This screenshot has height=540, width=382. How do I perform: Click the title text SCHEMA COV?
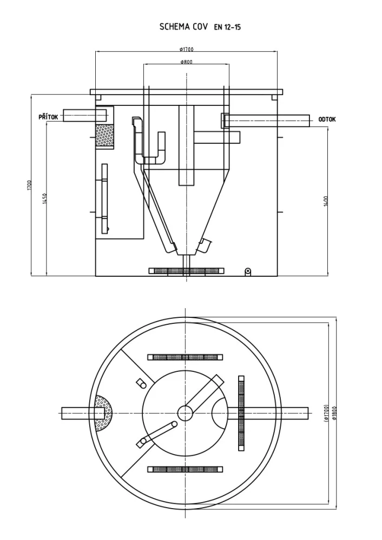pos(183,27)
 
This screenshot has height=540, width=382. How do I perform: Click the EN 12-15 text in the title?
pos(227,28)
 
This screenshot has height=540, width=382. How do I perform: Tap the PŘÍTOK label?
pos(48,117)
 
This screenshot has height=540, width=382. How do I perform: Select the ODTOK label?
pos(327,119)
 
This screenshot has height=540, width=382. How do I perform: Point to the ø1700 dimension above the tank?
pos(187,49)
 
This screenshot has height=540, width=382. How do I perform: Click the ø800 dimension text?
pos(187,62)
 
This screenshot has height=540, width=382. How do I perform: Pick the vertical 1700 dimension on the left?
pos(29,185)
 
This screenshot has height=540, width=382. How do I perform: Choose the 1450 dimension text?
pos(44,198)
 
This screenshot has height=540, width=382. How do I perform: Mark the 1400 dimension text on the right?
pos(326,201)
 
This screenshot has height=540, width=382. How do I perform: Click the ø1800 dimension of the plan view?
pos(334,412)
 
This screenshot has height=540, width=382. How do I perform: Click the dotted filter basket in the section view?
pos(104,135)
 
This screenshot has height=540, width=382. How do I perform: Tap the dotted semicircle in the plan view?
pos(104,412)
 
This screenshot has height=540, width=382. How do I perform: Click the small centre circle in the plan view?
pos(185,413)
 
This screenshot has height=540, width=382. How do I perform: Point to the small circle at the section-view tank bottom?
pos(247,271)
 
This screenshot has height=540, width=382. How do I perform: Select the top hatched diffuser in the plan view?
pos(185,357)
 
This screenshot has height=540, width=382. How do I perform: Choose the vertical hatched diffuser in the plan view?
pos(241,413)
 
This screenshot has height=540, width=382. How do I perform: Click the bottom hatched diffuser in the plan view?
pos(185,469)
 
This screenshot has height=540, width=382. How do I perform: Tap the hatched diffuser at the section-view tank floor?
pos(187,271)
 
